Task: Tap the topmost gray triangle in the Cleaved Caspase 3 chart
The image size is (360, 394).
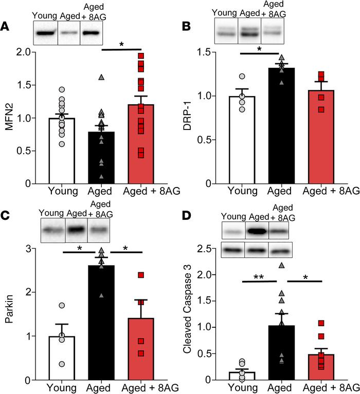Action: click(282, 265)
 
